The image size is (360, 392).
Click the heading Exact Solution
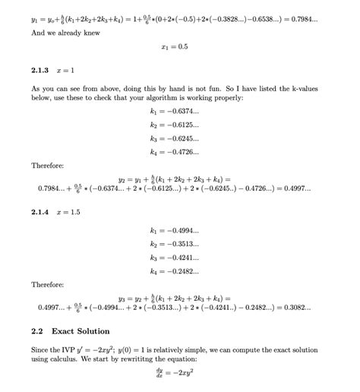(x=81, y=331)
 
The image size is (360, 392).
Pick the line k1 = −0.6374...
(x=175, y=111)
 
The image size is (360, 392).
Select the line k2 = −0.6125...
(x=175, y=125)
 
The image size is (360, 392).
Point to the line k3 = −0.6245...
(x=175, y=138)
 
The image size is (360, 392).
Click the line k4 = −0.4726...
(x=175, y=152)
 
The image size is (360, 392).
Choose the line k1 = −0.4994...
(x=175, y=230)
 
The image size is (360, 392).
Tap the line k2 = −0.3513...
(x=175, y=244)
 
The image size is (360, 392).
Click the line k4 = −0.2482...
(x=175, y=271)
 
